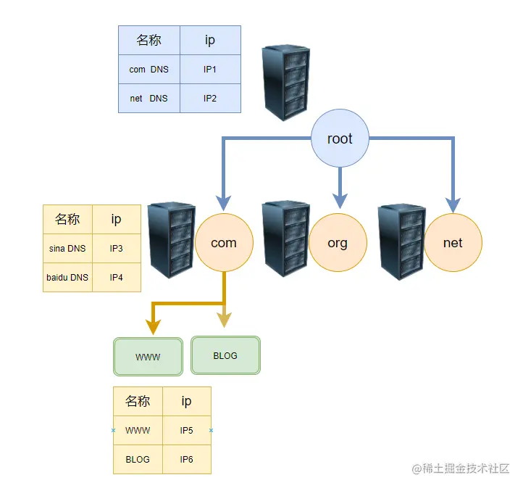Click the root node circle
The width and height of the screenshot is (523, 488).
pyautogui.click(x=340, y=138)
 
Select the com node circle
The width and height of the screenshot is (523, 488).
pyautogui.click(x=224, y=243)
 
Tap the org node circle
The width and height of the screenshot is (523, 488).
pyautogui.click(x=338, y=243)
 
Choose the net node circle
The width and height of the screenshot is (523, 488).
pyautogui.click(x=453, y=243)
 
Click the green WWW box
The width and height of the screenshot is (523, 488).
pyautogui.click(x=148, y=357)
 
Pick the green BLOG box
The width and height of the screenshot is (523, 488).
pyautogui.click(x=225, y=355)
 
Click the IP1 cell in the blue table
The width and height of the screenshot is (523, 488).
pyautogui.click(x=210, y=70)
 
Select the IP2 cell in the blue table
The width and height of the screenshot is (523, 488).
pyautogui.click(x=210, y=98)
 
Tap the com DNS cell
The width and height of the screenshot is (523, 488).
pyautogui.click(x=148, y=70)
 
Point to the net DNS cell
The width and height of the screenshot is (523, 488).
pyautogui.click(x=148, y=98)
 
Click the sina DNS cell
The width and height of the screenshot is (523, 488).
pyautogui.click(x=67, y=249)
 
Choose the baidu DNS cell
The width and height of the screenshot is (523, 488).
pyautogui.click(x=67, y=277)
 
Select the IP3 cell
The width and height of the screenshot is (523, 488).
pyautogui.click(x=117, y=249)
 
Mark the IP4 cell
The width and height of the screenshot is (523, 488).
pyautogui.click(x=117, y=277)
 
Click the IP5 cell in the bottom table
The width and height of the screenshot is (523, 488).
pyautogui.click(x=187, y=430)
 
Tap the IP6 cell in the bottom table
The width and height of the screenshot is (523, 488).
pyautogui.click(x=187, y=459)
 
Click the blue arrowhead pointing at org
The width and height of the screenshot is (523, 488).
pyautogui.click(x=340, y=197)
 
